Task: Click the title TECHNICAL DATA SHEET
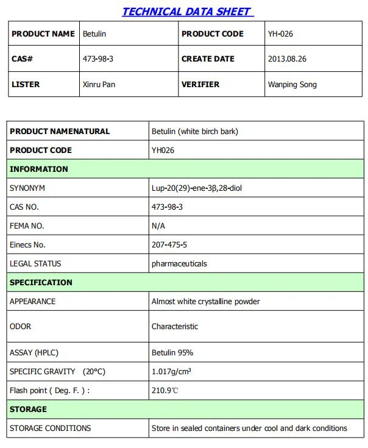click(188, 12)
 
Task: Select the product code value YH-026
click(280, 34)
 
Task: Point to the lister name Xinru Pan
click(99, 84)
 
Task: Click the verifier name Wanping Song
click(292, 84)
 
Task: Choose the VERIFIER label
click(200, 84)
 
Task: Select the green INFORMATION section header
click(38, 169)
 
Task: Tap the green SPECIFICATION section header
click(41, 282)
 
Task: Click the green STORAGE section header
click(28, 409)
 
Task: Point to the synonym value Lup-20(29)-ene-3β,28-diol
click(197, 188)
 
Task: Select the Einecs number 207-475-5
click(169, 244)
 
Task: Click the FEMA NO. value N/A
click(158, 226)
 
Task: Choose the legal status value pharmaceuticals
click(179, 263)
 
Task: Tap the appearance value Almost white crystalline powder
click(205, 301)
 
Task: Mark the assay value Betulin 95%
click(172, 352)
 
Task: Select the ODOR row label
click(21, 327)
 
